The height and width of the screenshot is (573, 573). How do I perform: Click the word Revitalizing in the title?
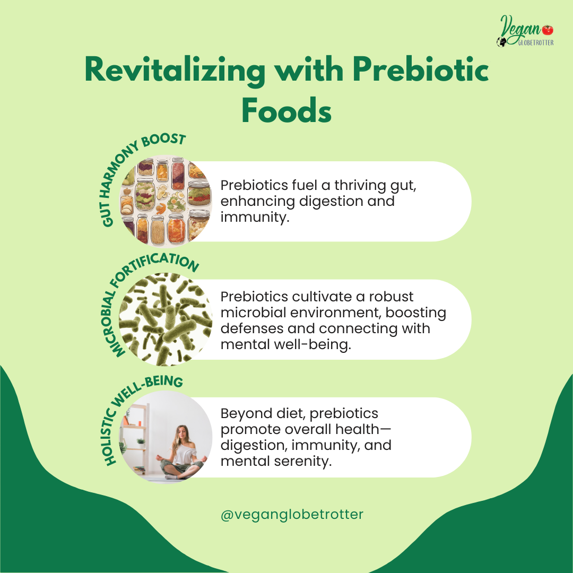pyautogui.click(x=175, y=70)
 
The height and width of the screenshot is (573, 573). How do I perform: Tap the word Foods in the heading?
pyautogui.click(x=286, y=111)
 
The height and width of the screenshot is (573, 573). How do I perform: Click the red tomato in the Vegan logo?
pyautogui.click(x=548, y=29)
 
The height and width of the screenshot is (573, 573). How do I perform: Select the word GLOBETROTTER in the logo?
pyautogui.click(x=536, y=43)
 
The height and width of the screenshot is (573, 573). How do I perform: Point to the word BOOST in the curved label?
pyautogui.click(x=164, y=140)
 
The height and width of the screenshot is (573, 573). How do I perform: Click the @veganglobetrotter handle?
pyautogui.click(x=292, y=515)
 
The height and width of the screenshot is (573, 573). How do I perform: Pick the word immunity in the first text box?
pyautogui.click(x=255, y=217)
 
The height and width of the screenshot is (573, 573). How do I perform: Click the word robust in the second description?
pyautogui.click(x=391, y=297)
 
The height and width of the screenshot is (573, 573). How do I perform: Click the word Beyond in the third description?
pyautogui.click(x=246, y=414)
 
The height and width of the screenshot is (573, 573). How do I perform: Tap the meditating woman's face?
pyautogui.click(x=181, y=433)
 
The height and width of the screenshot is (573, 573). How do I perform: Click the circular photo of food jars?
pyautogui.click(x=166, y=202)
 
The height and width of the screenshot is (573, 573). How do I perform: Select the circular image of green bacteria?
pyautogui.click(x=166, y=319)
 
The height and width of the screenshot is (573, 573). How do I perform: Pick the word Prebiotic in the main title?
pyautogui.click(x=421, y=70)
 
